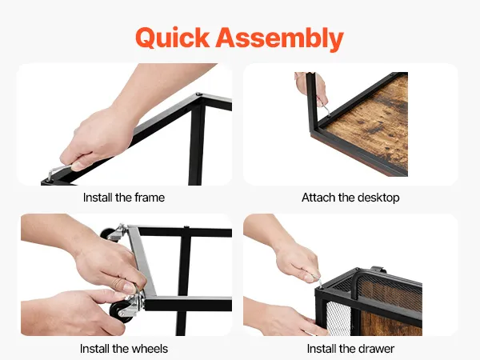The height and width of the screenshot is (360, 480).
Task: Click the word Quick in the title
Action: (x=172, y=38)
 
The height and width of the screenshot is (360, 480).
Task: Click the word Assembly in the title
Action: (x=279, y=39)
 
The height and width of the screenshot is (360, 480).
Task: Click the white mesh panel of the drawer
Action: (x=339, y=318)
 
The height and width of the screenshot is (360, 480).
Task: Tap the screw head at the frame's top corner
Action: (x=199, y=94)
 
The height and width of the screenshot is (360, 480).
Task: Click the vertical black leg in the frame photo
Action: (x=196, y=144)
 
